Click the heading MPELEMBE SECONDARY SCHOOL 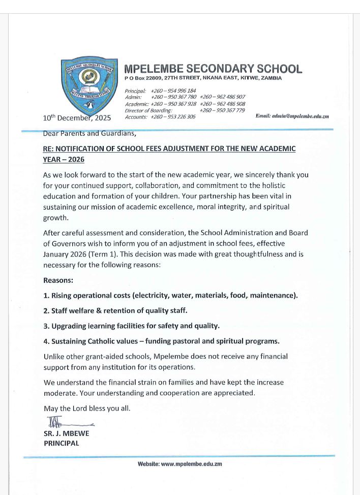214,69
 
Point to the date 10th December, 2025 80,118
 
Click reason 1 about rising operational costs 170,295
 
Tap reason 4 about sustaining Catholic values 161,341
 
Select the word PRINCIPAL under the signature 62,443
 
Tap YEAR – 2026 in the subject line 64,159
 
